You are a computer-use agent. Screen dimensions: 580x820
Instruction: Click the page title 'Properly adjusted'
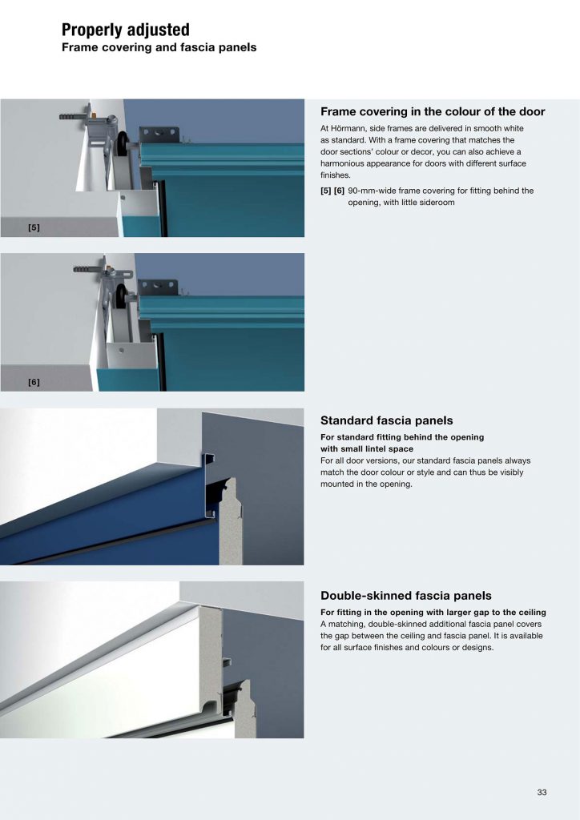point(126,30)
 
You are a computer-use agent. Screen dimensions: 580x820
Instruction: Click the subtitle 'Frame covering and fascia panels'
point(159,47)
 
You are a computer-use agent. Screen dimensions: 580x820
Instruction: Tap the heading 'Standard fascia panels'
point(386,420)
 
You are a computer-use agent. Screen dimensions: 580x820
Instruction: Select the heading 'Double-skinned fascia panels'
point(406,596)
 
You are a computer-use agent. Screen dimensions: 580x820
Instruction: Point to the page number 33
point(542,792)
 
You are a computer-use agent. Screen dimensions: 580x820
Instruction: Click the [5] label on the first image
point(34,227)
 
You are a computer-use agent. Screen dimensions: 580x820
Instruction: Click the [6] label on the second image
point(34,382)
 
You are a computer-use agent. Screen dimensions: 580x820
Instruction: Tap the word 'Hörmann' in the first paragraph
point(348,128)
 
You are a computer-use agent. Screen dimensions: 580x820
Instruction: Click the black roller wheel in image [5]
point(123,142)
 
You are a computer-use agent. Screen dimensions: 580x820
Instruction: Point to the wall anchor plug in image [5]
point(71,116)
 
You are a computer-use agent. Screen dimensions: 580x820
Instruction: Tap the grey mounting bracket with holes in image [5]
point(159,135)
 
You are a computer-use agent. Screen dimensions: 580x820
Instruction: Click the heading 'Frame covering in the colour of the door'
point(433,111)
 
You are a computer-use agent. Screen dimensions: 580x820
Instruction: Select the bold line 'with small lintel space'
point(367,448)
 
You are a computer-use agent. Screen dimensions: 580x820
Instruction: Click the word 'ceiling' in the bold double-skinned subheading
point(533,613)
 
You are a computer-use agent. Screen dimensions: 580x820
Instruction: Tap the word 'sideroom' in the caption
point(437,203)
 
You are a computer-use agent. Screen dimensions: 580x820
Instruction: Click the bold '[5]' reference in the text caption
point(326,191)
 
